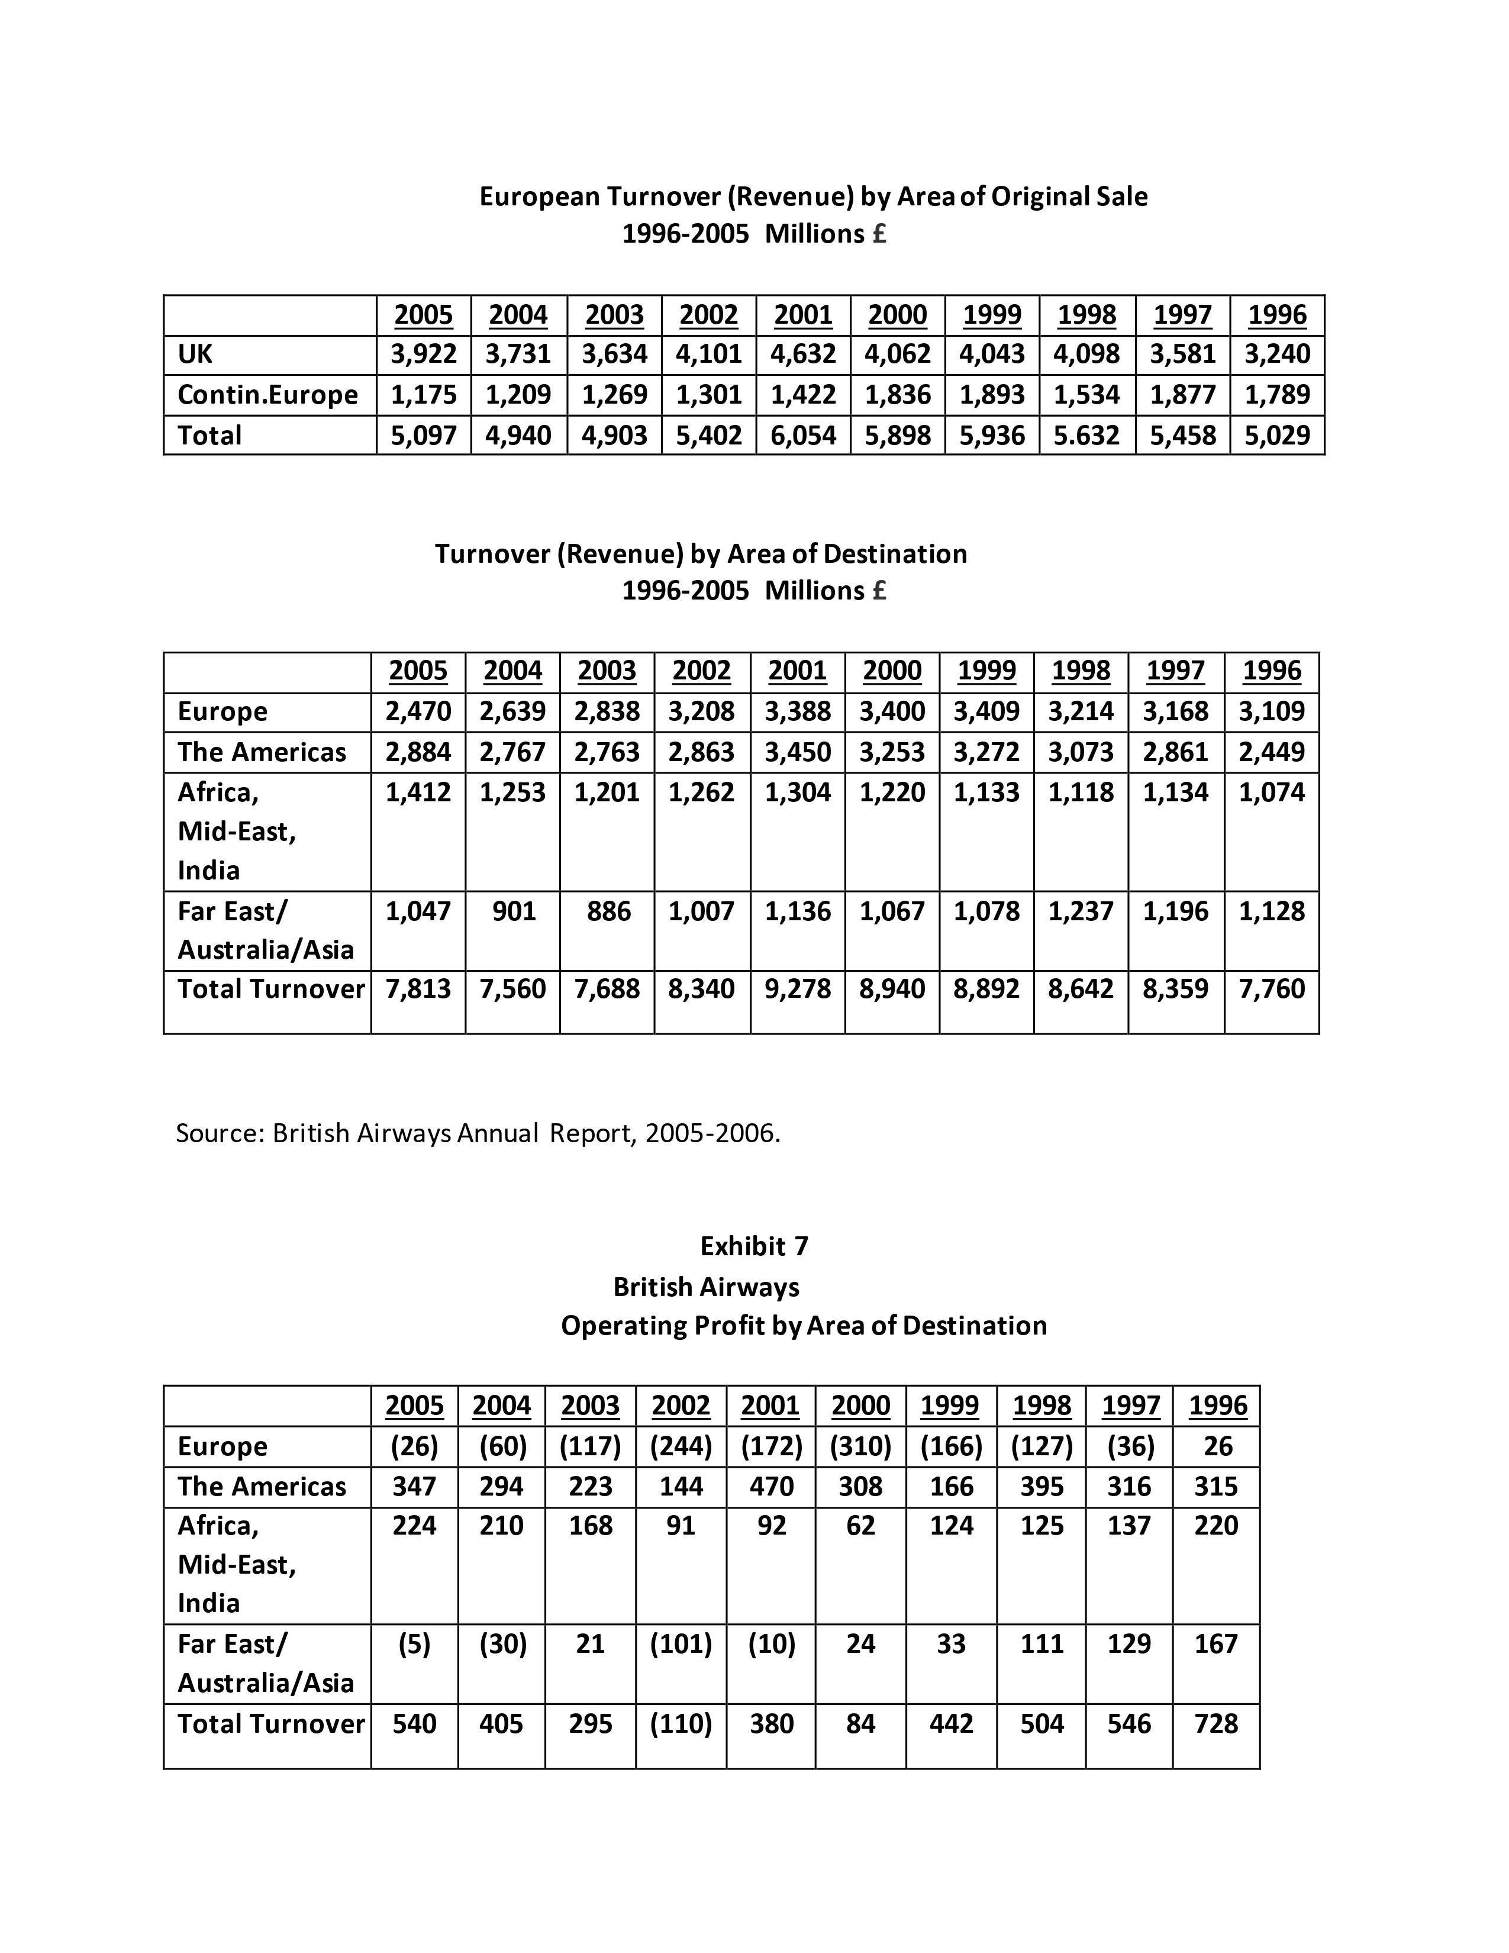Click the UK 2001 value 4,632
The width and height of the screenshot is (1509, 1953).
pyautogui.click(x=803, y=354)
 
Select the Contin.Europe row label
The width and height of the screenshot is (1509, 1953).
pyautogui.click(x=267, y=394)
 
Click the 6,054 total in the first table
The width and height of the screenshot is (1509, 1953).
pyautogui.click(x=803, y=436)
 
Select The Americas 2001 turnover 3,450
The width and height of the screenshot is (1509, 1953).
pyautogui.click(x=798, y=751)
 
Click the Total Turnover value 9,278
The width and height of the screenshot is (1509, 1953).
pyautogui.click(x=798, y=988)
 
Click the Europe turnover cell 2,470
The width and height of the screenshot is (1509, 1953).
pyautogui.click(x=418, y=711)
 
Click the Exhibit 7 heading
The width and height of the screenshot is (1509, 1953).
pyautogui.click(x=753, y=1246)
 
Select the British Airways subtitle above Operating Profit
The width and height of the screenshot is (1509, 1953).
pyautogui.click(x=705, y=1287)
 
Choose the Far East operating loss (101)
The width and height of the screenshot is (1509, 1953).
pyautogui.click(x=681, y=1643)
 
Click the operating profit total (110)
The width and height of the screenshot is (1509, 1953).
pyautogui.click(x=681, y=1723)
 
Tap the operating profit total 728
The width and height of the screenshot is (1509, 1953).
pyautogui.click(x=1216, y=1723)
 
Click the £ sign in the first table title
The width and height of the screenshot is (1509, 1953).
pyautogui.click(x=879, y=234)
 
